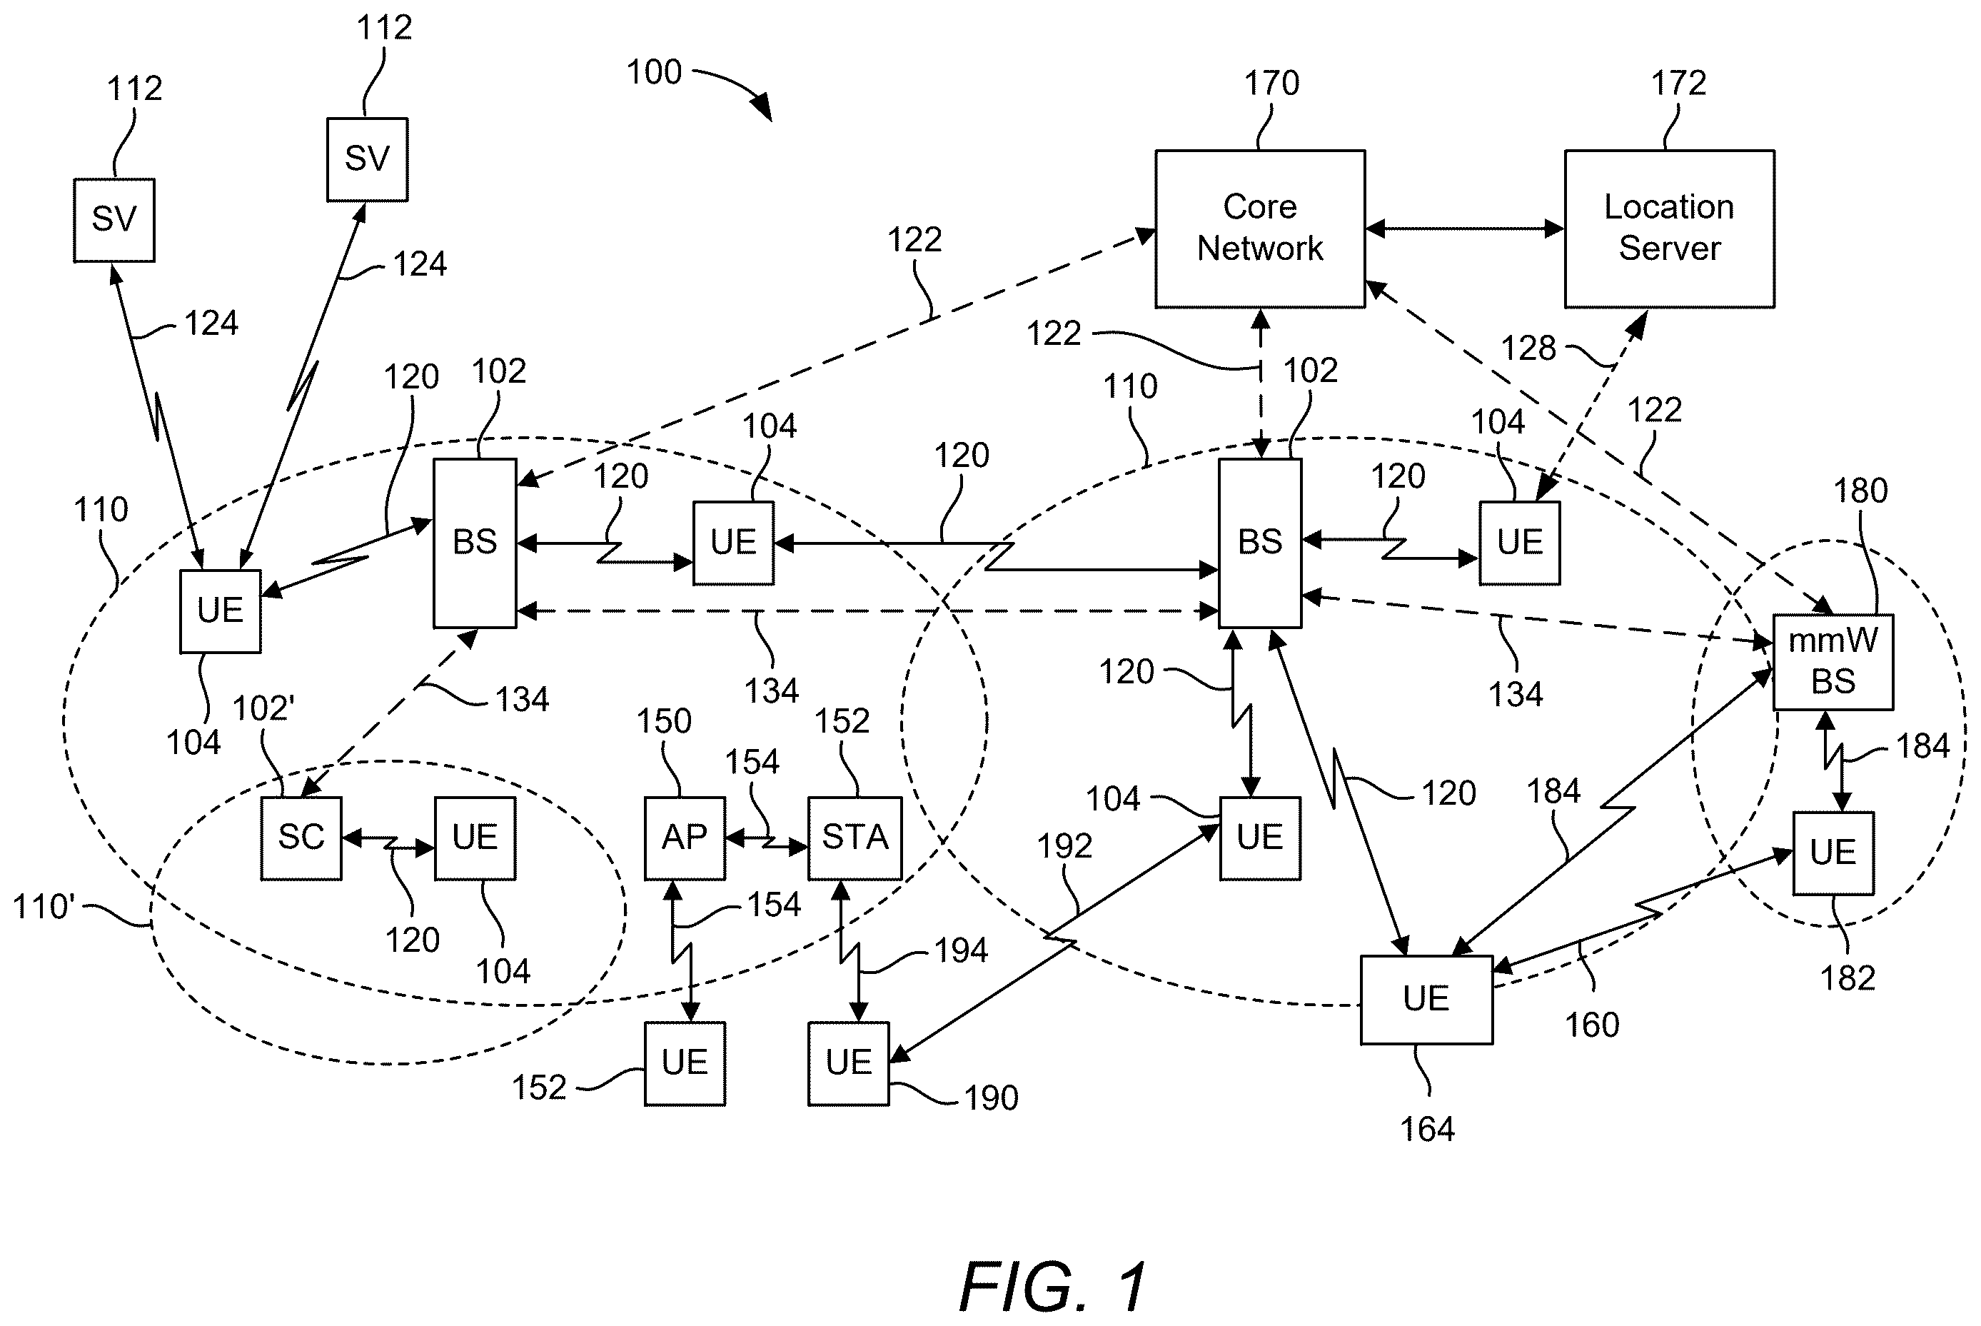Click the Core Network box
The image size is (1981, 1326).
point(1260,228)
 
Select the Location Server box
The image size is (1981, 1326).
point(1669,228)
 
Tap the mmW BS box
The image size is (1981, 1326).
point(1833,661)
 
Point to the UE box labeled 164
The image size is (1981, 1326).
point(1426,1000)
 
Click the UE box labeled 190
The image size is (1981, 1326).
point(848,1063)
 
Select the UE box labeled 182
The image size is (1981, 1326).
point(1833,853)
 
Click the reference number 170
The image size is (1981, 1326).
point(1271,83)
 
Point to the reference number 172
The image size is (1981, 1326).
point(1679,83)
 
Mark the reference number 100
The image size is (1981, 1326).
point(654,72)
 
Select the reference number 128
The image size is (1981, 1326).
point(1528,348)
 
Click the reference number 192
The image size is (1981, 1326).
point(1064,845)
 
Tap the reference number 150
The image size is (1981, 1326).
point(664,721)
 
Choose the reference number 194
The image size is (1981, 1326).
point(960,951)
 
